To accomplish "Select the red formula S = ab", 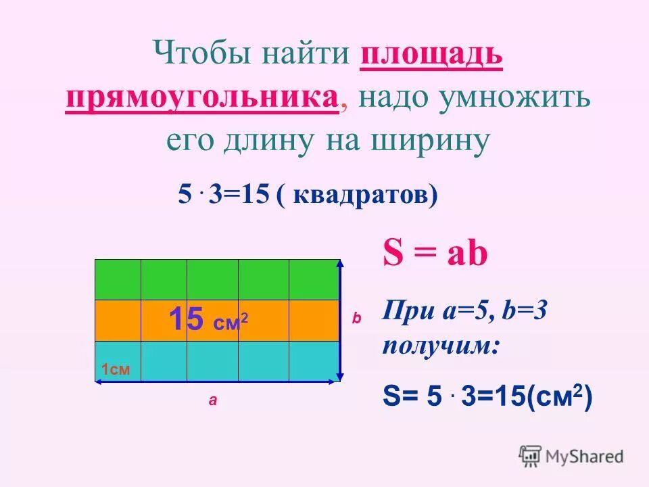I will pyautogui.click(x=435, y=255).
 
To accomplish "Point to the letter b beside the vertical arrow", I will pyautogui.click(x=357, y=318).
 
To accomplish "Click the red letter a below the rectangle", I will pyautogui.click(x=213, y=400).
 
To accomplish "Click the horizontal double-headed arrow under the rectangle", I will pyautogui.click(x=216, y=382).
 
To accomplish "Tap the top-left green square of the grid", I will pyautogui.click(x=118, y=279).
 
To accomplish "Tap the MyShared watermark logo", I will pyautogui.click(x=571, y=456).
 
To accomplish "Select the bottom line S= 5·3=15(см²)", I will pyautogui.click(x=487, y=396).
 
